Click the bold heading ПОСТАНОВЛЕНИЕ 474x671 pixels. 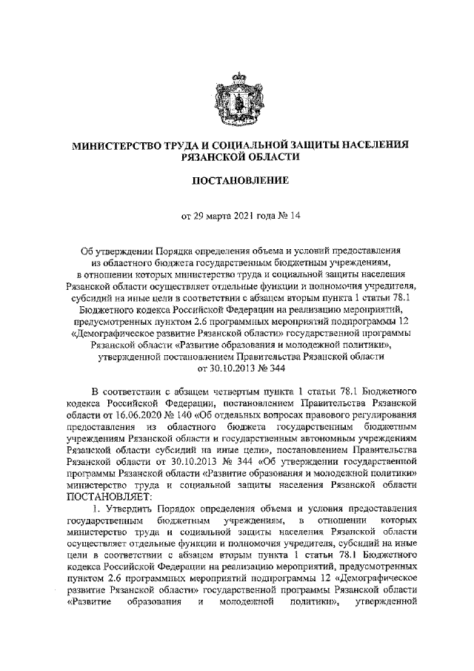pos(238,181)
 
